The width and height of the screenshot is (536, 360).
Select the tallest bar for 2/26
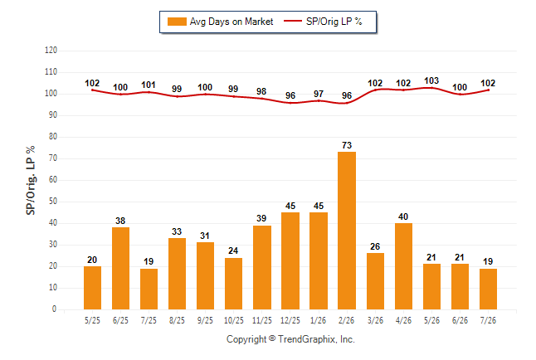pos(347,231)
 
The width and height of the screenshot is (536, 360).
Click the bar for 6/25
pos(120,269)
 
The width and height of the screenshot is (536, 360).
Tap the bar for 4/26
pos(403,266)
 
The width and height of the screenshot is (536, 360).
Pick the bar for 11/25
pos(262,267)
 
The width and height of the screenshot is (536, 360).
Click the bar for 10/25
pos(233,284)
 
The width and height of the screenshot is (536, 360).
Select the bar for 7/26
pos(488,289)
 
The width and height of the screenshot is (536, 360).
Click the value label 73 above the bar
pos(347,145)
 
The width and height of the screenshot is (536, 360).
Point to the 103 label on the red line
pos(431,80)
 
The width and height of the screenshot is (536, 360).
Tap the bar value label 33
pos(177,231)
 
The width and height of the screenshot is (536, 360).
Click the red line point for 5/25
pos(92,90)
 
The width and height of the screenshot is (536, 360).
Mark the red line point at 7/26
pos(488,90)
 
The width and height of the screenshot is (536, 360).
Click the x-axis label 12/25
pos(290,320)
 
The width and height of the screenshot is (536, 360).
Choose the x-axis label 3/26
pos(375,320)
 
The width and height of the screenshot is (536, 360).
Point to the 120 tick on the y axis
pos(51,51)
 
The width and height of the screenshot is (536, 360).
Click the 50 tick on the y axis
pos(53,202)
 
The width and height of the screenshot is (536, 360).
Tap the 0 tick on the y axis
pos(55,309)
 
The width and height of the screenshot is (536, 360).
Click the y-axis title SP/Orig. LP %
pos(31,180)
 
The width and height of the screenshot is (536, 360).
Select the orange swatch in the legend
pos(177,22)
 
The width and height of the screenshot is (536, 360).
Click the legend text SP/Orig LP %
pos(334,22)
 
